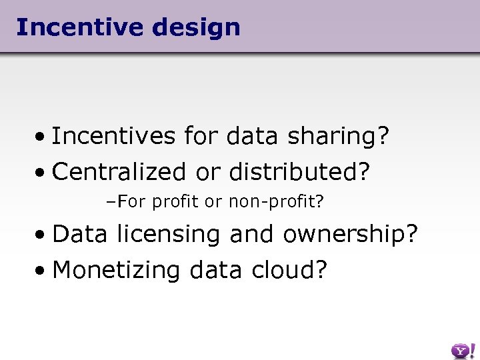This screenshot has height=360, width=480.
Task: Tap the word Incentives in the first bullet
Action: coord(114,137)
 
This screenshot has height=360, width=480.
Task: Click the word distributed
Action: coord(299,172)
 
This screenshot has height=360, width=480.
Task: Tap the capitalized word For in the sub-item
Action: coord(131,201)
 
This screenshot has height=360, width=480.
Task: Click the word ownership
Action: coord(350,235)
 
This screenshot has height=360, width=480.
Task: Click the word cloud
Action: coord(289,270)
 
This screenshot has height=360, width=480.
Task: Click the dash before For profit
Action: coord(111,201)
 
